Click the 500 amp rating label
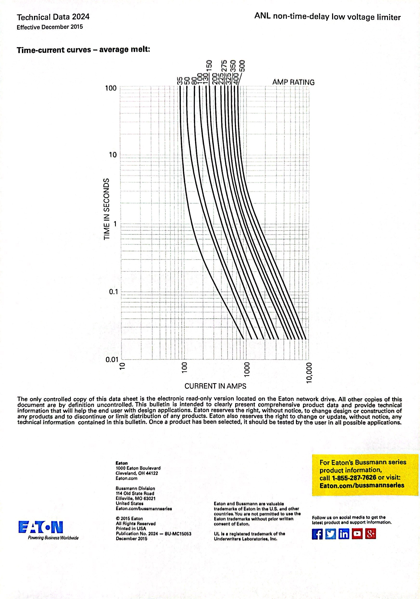point(242,67)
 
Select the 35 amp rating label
point(179,81)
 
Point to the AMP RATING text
point(293,82)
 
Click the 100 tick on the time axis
point(111,88)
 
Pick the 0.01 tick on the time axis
point(112,360)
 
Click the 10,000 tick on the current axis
point(309,373)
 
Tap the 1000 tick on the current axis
point(247,369)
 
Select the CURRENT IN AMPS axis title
point(215,386)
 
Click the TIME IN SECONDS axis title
point(106,209)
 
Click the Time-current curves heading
point(83,50)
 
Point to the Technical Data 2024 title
point(53,17)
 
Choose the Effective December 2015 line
point(50,27)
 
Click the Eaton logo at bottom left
point(41,527)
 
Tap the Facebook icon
point(317,534)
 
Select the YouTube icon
point(357,534)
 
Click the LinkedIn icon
point(344,534)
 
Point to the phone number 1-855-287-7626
point(354,477)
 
